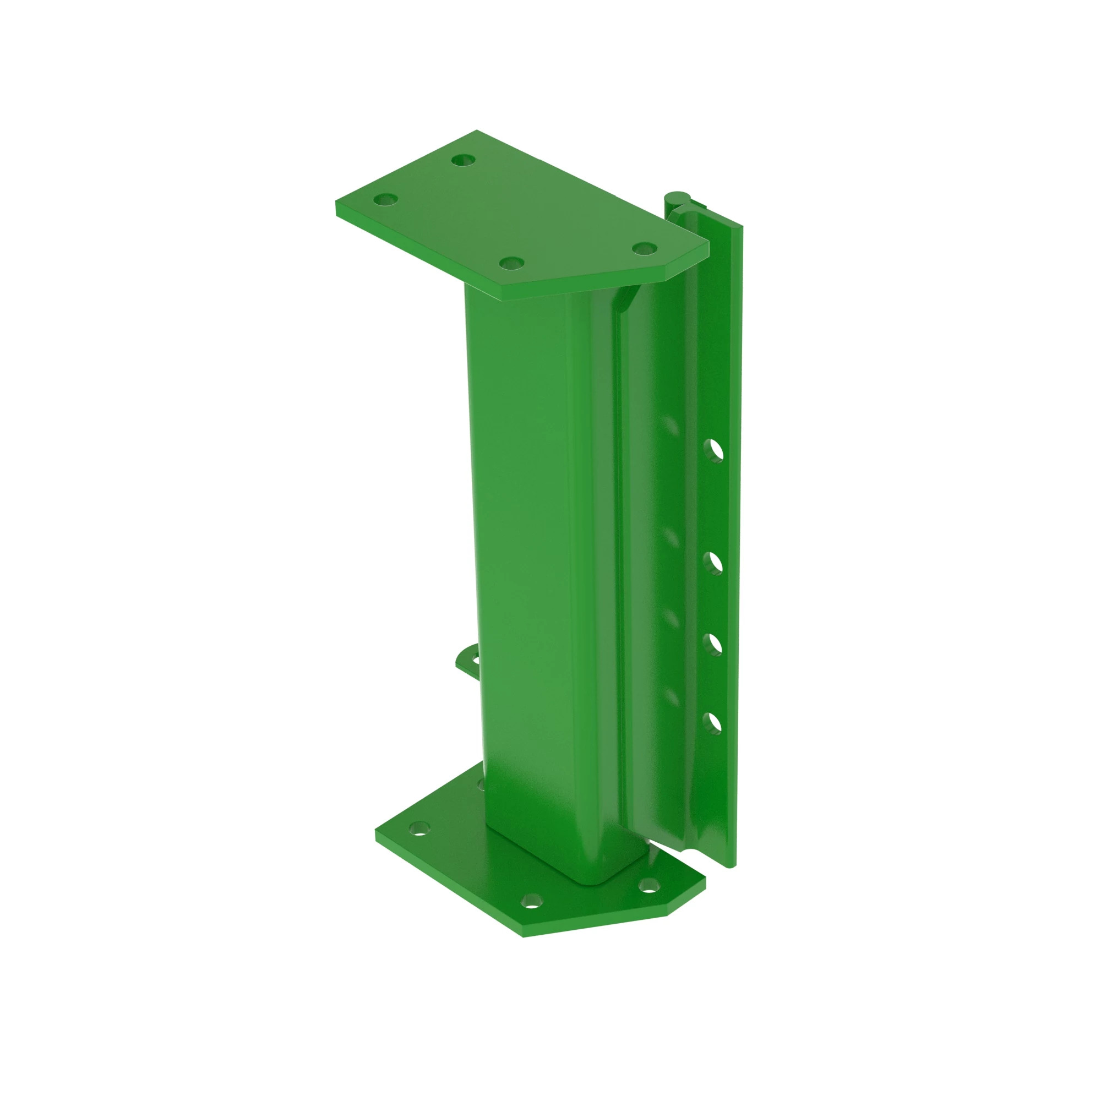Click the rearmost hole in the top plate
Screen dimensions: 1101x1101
point(464,160)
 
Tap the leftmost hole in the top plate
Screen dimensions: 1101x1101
point(385,200)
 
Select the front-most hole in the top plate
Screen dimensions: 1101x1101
point(512,263)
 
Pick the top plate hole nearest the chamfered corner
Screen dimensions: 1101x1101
point(645,248)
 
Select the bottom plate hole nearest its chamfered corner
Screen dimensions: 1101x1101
point(648,885)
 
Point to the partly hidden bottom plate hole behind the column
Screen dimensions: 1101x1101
point(481,786)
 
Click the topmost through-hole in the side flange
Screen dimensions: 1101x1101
point(712,450)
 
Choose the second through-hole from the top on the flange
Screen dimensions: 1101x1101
point(712,563)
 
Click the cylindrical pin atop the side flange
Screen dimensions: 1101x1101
point(677,199)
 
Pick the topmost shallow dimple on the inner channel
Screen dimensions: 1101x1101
point(671,424)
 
